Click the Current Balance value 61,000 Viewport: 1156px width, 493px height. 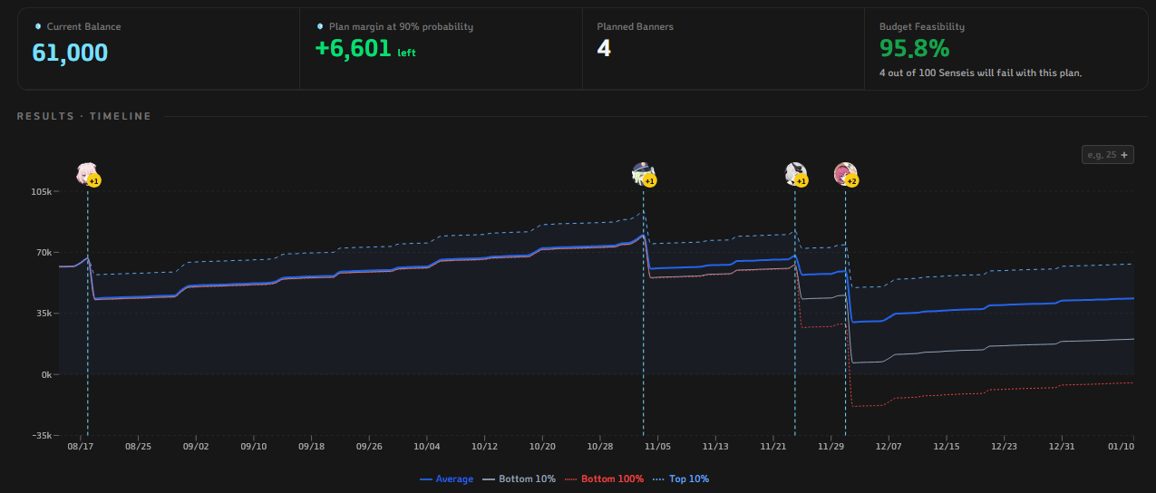70,53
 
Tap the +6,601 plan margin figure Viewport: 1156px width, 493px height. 353,49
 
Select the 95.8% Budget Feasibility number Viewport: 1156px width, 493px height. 914,49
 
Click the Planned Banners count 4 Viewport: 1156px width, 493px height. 604,48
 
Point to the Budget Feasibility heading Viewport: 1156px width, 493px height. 922,26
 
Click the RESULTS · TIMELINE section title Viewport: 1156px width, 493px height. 84,116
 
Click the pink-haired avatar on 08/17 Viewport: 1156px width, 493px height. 85,173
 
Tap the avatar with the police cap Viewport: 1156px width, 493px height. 642,173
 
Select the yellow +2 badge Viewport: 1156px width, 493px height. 852,181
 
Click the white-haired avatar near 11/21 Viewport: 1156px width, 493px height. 795,173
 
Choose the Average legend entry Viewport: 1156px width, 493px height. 446,479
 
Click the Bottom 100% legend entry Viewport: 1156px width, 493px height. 605,479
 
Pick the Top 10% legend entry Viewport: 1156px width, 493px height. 681,479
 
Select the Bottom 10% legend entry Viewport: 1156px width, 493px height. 519,479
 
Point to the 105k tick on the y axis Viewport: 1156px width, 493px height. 42,192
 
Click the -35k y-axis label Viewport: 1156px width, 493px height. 42,435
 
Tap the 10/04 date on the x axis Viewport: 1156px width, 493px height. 427,447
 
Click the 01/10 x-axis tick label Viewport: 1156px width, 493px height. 1121,447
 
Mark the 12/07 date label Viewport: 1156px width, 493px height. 889,447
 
